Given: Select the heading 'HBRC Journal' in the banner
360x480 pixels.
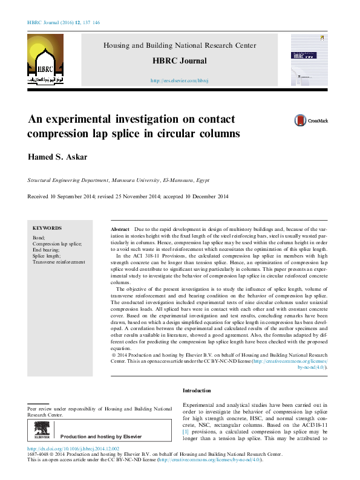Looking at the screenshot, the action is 180,61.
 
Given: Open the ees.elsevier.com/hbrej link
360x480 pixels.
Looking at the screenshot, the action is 179,80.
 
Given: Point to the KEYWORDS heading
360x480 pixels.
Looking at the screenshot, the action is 47,228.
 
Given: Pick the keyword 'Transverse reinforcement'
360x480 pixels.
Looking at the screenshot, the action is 59,262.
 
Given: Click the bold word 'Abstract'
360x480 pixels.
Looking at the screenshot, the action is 120,231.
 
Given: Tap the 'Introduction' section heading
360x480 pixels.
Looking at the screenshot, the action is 197,391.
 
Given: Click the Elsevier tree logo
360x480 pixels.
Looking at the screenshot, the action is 42,430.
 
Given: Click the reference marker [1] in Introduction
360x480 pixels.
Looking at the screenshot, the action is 186,433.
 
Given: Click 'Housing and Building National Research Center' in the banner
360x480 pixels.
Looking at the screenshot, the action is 180,45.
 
